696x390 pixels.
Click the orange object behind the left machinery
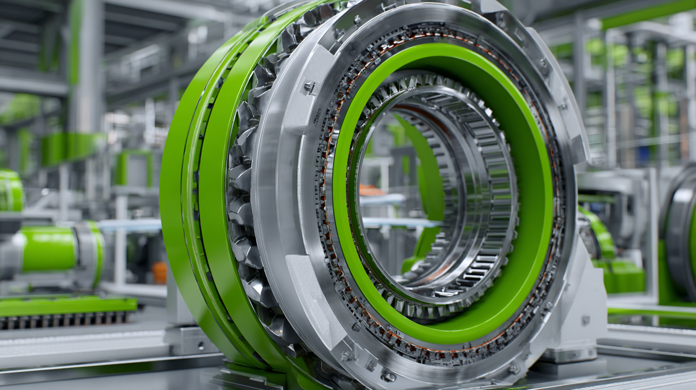pyautogui.click(x=160, y=272)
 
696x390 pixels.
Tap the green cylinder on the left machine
pyautogui.click(x=48, y=249)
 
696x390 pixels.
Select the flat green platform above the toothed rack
pyautogui.click(x=67, y=305)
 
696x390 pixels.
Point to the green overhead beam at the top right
pyautogui.click(x=645, y=14)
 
